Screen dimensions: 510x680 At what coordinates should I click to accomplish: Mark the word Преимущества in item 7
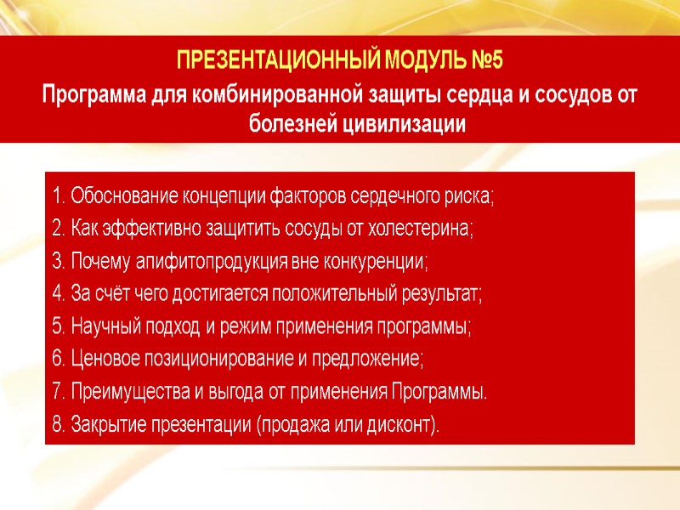pyautogui.click(x=118, y=392)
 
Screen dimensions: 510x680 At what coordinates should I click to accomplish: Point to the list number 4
pyautogui.click(x=57, y=294)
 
